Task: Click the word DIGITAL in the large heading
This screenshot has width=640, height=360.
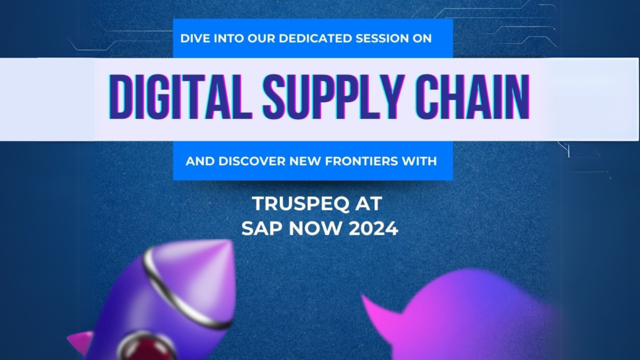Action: pos(180,97)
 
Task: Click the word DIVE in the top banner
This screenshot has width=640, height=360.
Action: pos(196,39)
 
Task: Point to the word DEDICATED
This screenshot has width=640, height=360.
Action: pos(315,39)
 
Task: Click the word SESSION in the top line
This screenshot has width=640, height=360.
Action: pos(382,39)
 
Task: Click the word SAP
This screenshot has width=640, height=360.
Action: pos(262,229)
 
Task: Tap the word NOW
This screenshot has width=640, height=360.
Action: pos(315,229)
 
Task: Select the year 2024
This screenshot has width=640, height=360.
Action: pos(373,229)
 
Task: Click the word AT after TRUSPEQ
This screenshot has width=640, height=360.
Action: pos(369,204)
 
